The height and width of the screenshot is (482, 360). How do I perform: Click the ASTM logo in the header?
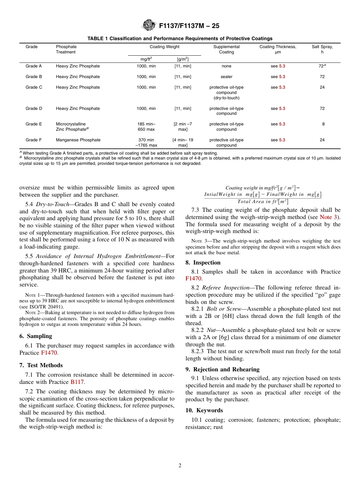[x=149, y=26]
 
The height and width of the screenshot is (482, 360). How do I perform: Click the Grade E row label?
[x=34, y=124]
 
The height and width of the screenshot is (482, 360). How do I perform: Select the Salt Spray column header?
[x=322, y=49]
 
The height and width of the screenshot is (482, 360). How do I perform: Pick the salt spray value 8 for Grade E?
[x=323, y=124]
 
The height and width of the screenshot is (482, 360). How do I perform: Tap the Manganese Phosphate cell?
[x=78, y=140]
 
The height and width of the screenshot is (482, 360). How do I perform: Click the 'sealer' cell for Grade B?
[x=226, y=77]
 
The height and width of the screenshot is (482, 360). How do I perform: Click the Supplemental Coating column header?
[x=226, y=49]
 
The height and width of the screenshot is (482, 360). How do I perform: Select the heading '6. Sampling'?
[x=36, y=336]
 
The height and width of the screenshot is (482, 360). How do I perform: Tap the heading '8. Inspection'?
[x=203, y=263]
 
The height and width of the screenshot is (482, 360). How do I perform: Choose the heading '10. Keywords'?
[x=204, y=410]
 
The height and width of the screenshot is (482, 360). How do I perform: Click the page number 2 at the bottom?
[x=180, y=466]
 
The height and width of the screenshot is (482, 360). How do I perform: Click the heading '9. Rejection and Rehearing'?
[x=222, y=369]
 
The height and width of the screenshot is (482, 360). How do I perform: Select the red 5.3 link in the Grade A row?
[x=282, y=66]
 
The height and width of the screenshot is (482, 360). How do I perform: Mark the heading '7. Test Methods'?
[x=41, y=365]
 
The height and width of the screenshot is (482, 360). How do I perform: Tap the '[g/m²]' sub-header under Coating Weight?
[x=183, y=59]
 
